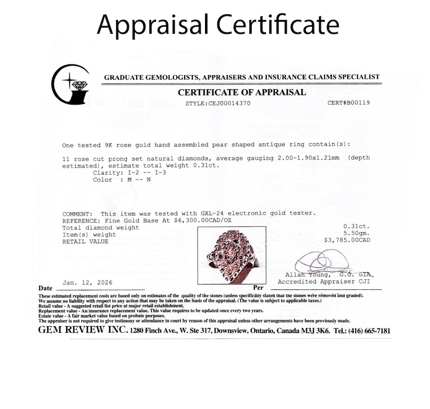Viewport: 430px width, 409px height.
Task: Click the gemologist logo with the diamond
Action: (72, 84)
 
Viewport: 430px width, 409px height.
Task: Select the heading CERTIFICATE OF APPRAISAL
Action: (242, 92)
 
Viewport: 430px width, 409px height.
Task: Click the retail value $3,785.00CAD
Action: (347, 240)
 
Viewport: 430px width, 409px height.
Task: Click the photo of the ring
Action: (231, 255)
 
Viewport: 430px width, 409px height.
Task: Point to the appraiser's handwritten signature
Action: (322, 261)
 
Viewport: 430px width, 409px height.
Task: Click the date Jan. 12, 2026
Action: (87, 283)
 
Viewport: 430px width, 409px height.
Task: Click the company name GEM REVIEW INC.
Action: (83, 330)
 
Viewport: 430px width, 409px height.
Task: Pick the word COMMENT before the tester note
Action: (77, 214)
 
